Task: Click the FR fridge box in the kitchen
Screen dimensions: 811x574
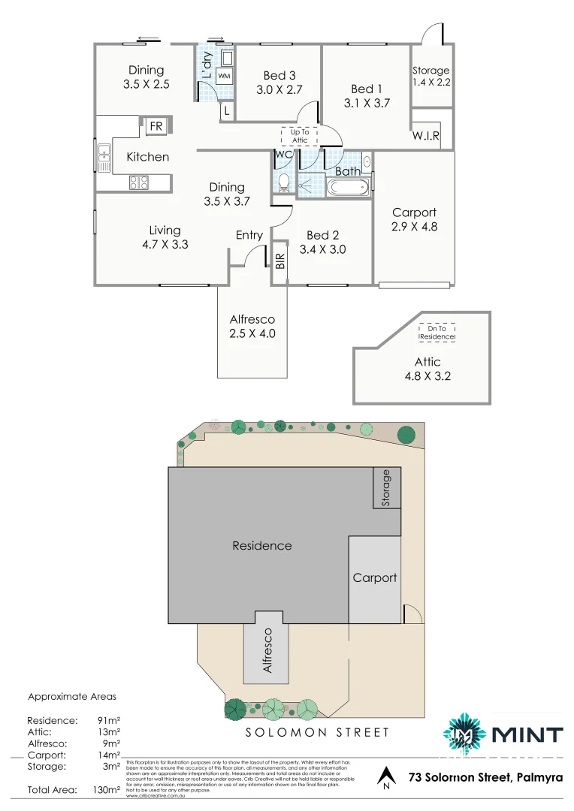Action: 156,126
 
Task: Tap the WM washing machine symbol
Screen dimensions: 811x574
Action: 224,76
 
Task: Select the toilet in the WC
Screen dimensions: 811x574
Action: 283,182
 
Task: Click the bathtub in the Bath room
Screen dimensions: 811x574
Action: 349,187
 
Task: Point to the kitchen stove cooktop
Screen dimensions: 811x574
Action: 139,182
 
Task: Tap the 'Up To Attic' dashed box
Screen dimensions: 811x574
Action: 299,136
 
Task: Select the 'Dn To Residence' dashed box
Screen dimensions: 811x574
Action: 437,333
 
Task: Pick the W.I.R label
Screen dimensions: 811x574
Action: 425,136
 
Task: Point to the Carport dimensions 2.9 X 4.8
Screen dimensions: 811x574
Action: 414,226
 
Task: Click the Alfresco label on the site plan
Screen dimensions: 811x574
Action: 265,650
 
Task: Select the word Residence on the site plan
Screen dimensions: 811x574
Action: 261,545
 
